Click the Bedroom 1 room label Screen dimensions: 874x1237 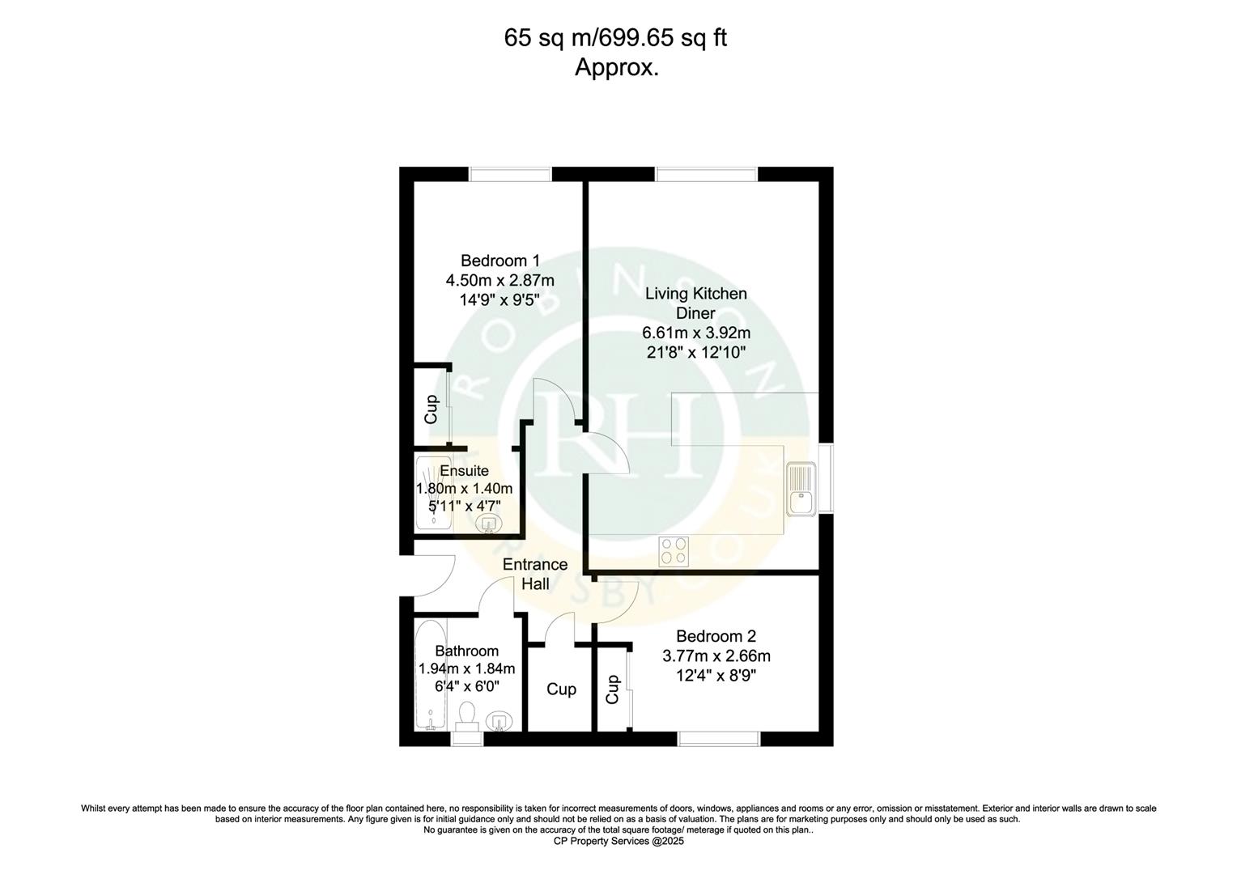pyautogui.click(x=499, y=261)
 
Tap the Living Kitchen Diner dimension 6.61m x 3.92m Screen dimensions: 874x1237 pyautogui.click(x=695, y=333)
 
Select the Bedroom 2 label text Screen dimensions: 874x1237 pyautogui.click(x=716, y=636)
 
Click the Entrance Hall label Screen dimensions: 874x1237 pyautogui.click(x=535, y=574)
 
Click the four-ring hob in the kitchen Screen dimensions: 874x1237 pyautogui.click(x=674, y=551)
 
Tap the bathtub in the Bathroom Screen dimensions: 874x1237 pyautogui.click(x=429, y=675)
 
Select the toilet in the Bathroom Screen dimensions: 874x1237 pyautogui.click(x=466, y=715)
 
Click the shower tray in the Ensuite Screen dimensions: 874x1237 pyautogui.click(x=434, y=494)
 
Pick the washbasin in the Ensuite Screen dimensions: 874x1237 pyautogui.click(x=488, y=524)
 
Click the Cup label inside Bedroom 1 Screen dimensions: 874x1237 pyautogui.click(x=431, y=409)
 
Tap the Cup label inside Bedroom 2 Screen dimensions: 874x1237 pyautogui.click(x=613, y=689)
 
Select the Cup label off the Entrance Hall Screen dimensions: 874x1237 pyautogui.click(x=561, y=689)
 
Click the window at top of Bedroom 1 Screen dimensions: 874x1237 pyautogui.click(x=510, y=174)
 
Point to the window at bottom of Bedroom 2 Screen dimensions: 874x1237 pyautogui.click(x=718, y=738)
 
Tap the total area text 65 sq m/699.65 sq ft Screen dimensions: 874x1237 pyautogui.click(x=615, y=38)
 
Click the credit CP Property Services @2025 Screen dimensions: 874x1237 pyautogui.click(x=618, y=841)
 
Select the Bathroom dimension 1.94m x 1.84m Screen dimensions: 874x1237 pyautogui.click(x=466, y=669)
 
